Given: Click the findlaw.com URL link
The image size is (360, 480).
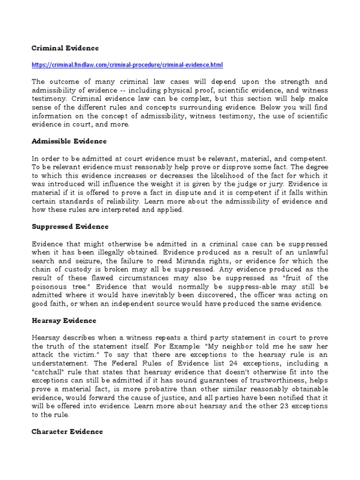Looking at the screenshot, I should pyautogui.click(x=127, y=64).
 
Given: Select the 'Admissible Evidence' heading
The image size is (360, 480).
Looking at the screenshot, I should pyautogui.click(x=69, y=141).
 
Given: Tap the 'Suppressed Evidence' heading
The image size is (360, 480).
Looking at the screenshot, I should pyautogui.click(x=70, y=226).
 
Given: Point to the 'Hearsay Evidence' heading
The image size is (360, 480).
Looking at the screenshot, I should pyautogui.click(x=64, y=321).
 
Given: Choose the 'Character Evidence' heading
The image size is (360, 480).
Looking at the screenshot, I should pyautogui.click(x=67, y=431).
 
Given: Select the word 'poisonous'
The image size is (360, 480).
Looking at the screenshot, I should pyautogui.click(x=52, y=286).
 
